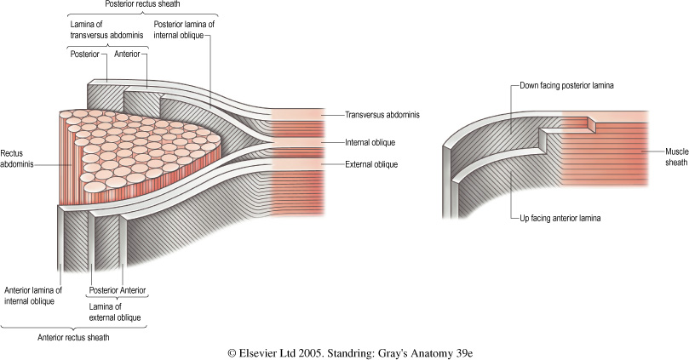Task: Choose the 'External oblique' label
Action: pyautogui.click(x=371, y=164)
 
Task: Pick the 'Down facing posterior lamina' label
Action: pyautogui.click(x=566, y=86)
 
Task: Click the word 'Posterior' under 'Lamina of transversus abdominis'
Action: pyautogui.click(x=87, y=54)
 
